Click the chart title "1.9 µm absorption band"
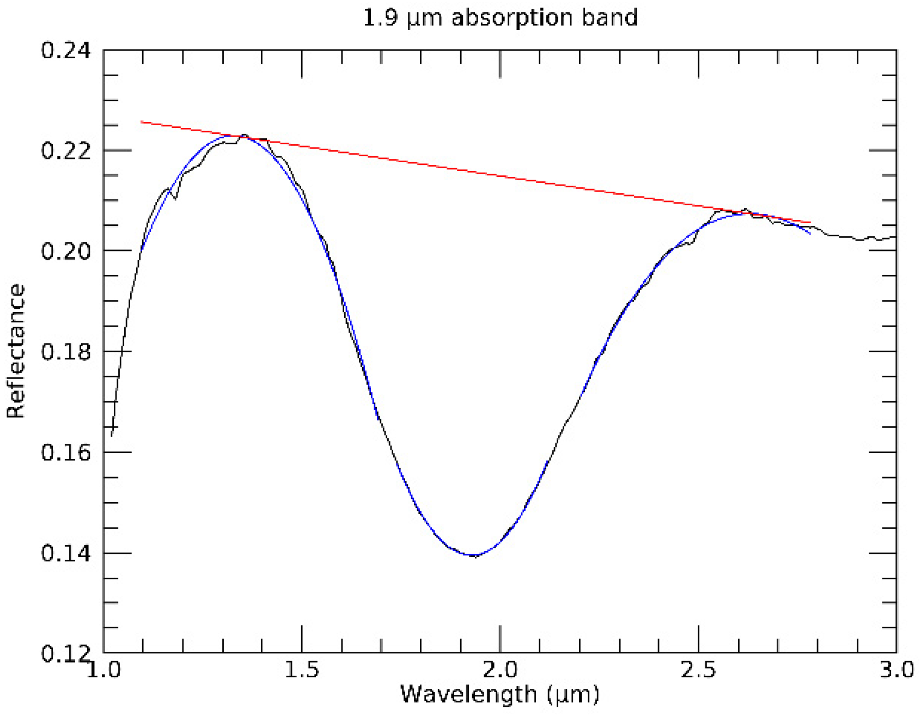pyautogui.click(x=500, y=18)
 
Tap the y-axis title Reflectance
pyautogui.click(x=16, y=351)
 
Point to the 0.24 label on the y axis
pyautogui.click(x=65, y=50)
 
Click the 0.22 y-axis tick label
pyautogui.click(x=65, y=151)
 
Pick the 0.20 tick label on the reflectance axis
pyautogui.click(x=65, y=252)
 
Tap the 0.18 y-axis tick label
pyautogui.click(x=65, y=352)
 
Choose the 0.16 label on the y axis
pyautogui.click(x=65, y=452)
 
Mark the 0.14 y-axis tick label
pyautogui.click(x=65, y=553)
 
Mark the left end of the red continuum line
pyautogui.click(x=142, y=122)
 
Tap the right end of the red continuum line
pyautogui.click(x=810, y=223)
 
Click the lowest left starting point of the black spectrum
pyautogui.click(x=112, y=435)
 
